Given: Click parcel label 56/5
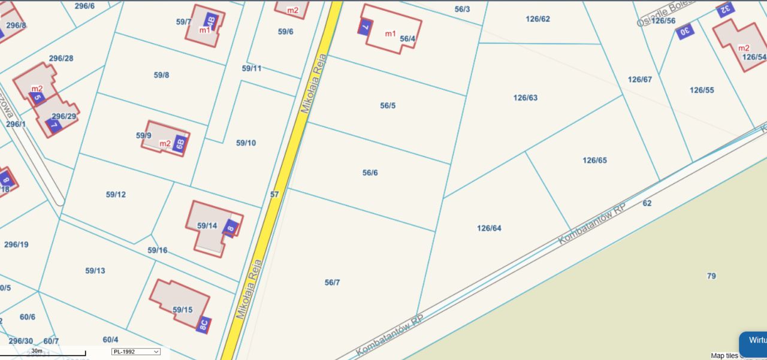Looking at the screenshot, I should tap(388, 106).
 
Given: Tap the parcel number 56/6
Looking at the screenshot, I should tap(370, 173).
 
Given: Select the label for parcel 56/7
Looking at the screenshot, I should tap(332, 283).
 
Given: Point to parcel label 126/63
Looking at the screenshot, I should tap(526, 98).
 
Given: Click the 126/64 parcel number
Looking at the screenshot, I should tap(489, 228).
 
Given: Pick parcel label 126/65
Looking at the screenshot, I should tap(595, 161).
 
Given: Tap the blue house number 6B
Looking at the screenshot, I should tap(180, 143).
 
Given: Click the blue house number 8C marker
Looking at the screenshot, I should tap(204, 325).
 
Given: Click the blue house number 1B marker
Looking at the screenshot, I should tap(211, 20).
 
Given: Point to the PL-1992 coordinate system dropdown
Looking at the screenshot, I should tap(136, 352).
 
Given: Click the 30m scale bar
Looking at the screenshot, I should tap(42, 353).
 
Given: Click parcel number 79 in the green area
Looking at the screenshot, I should tap(711, 276).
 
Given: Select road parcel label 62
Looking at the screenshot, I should tap(647, 203).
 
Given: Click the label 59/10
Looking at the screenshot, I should tap(246, 143).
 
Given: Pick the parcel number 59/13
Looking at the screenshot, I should tap(95, 271).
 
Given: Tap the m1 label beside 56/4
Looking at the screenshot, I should tap(390, 34).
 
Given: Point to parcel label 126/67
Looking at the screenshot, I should tap(639, 80).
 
